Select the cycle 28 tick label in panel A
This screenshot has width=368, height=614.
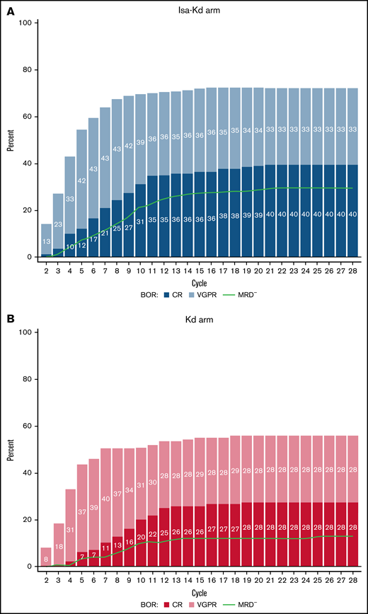click(x=351, y=270)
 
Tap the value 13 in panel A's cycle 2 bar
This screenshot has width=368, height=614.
click(x=45, y=241)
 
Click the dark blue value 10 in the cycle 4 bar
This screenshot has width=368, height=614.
click(x=69, y=246)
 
